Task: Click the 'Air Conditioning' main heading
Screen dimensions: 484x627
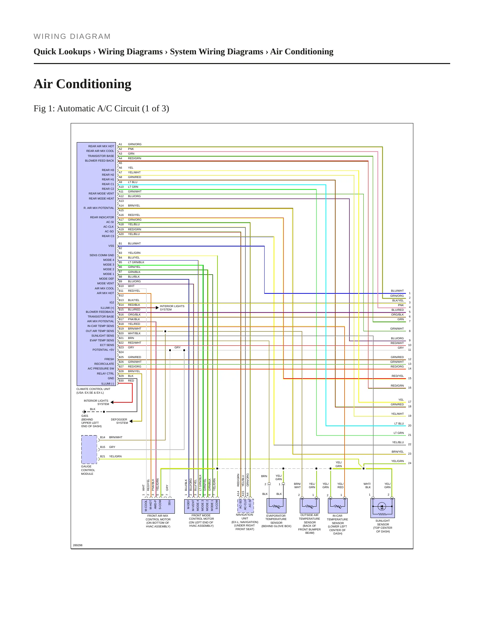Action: click(82, 84)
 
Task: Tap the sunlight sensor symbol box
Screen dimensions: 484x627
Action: click(383, 508)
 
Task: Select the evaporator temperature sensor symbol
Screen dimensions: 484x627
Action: click(276, 506)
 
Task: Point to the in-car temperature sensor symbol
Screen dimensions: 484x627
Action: click(338, 506)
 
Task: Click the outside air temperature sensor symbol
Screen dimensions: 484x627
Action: click(309, 506)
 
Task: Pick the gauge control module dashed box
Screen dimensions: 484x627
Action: click(89, 449)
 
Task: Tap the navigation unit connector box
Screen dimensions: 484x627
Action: click(245, 506)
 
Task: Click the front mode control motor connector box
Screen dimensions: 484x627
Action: click(202, 506)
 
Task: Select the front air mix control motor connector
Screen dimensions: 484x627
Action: click(158, 506)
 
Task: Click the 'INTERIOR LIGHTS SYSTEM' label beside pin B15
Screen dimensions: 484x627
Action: click(172, 308)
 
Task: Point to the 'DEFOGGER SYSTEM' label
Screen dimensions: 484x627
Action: click(119, 421)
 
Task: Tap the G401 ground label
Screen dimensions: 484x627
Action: click(85, 416)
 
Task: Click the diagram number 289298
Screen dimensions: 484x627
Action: click(78, 545)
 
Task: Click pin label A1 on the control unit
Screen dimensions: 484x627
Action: click(120, 144)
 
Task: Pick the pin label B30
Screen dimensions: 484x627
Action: click(121, 381)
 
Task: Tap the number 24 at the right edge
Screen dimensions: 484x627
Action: click(410, 463)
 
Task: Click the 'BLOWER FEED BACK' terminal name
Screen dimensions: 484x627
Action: click(99, 161)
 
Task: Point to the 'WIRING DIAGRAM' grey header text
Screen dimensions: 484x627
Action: click(72, 37)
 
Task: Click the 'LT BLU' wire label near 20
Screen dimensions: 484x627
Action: click(399, 423)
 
